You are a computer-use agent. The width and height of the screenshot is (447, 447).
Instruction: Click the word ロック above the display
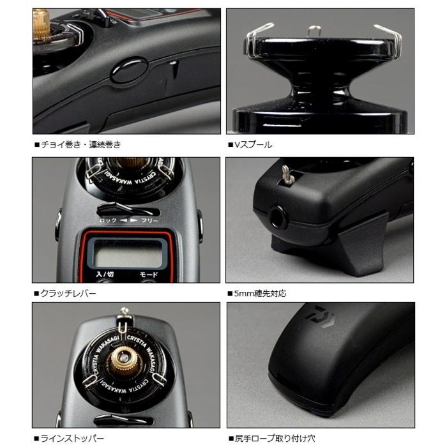107,220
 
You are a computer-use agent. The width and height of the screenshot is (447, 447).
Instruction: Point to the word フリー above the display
149,220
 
